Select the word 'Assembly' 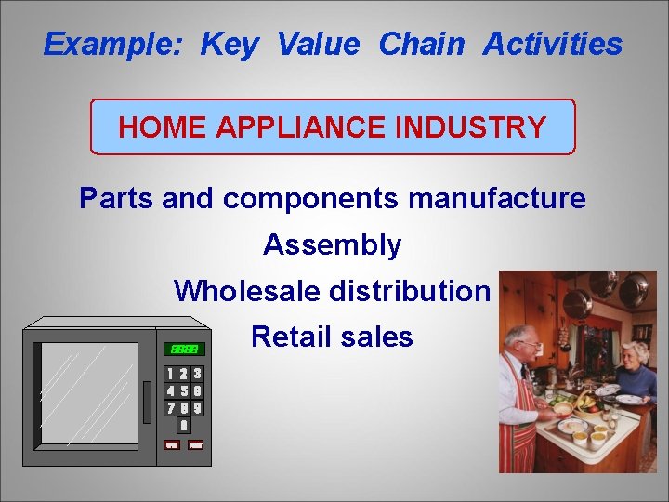[x=333, y=244]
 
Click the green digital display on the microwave [x=183, y=349]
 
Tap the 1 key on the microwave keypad [x=170, y=374]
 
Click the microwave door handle [x=148, y=401]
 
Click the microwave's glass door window [x=85, y=396]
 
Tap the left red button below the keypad [x=171, y=444]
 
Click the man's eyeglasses [x=530, y=344]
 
